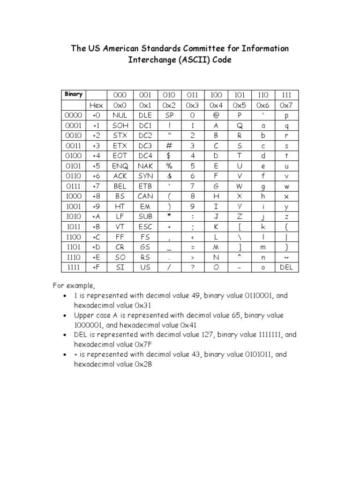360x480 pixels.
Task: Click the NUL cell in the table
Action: (x=120, y=115)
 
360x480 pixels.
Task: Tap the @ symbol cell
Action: (x=216, y=115)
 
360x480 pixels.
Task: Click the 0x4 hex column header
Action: (x=216, y=105)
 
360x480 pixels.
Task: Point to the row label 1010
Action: (x=74, y=217)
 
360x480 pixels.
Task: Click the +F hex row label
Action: (x=97, y=267)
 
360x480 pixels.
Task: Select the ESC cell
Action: (x=145, y=227)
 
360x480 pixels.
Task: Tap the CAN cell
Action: (x=145, y=196)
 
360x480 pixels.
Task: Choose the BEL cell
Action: (x=120, y=186)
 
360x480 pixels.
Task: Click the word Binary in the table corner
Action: (x=74, y=94)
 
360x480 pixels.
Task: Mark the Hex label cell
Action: (x=97, y=105)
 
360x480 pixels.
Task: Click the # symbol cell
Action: (x=169, y=146)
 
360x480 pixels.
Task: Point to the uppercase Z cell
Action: (x=240, y=217)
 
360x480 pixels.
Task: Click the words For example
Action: (x=73, y=285)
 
